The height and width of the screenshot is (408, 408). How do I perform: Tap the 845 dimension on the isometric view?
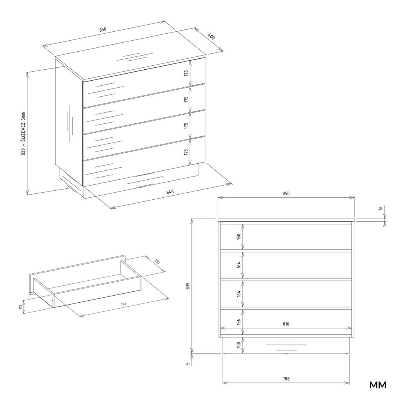click(170, 192)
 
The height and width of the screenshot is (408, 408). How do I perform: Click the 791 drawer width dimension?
click(123, 304)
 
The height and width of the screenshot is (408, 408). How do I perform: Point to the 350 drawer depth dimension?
click(157, 261)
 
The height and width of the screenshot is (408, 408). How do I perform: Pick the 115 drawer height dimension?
click(20, 307)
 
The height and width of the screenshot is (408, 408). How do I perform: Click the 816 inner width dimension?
click(286, 324)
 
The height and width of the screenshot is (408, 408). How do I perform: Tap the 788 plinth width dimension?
click(286, 379)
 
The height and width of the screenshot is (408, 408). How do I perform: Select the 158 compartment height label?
click(239, 236)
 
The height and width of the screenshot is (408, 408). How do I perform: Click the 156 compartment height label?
click(239, 322)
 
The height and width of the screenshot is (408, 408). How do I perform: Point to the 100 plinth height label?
click(239, 345)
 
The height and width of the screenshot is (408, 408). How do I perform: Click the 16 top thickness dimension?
click(381, 208)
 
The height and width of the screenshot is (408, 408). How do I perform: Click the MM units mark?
click(378, 385)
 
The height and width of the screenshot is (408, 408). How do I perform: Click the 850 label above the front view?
click(286, 193)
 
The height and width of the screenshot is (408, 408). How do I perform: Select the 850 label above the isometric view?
click(103, 29)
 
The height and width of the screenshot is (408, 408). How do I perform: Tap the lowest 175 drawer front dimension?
click(186, 152)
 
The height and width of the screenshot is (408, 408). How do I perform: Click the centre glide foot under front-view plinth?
click(286, 354)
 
